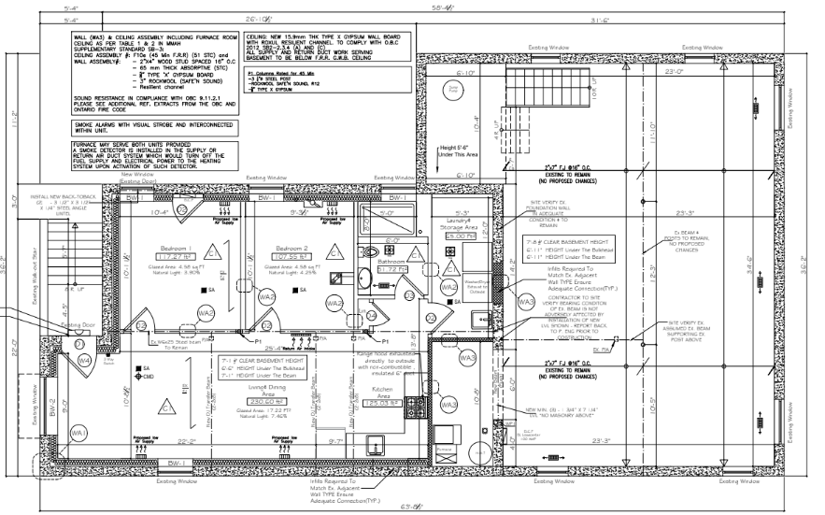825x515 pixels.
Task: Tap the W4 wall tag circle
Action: (x=84, y=360)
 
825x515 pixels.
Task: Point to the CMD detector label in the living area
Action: (x=147, y=378)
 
